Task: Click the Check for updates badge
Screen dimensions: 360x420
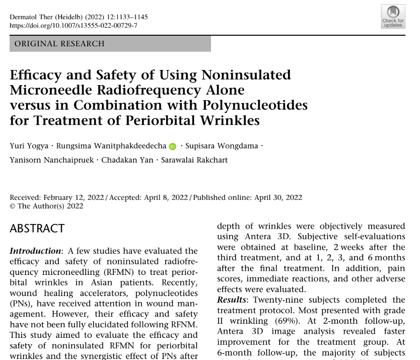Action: [393, 16]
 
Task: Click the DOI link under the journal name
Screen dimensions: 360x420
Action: [74, 25]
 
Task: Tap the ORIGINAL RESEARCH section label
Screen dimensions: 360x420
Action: [59, 44]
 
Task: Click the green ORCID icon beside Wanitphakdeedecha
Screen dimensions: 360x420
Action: [173, 147]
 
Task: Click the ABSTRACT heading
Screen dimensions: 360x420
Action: [37, 229]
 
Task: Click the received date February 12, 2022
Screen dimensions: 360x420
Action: [74, 198]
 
